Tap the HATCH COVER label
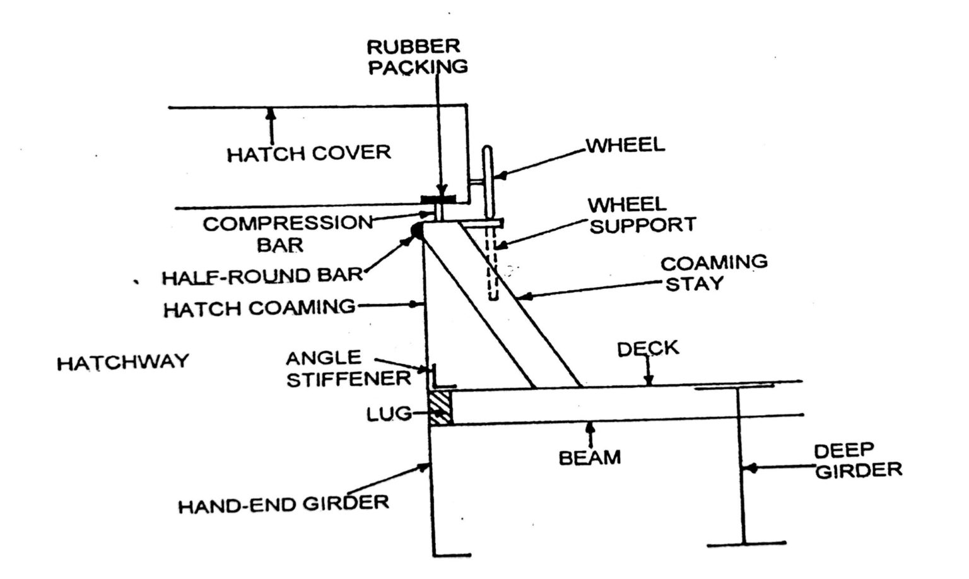pyautogui.click(x=308, y=153)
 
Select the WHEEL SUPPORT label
pyautogui.click(x=642, y=215)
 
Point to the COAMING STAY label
pyautogui.click(x=714, y=272)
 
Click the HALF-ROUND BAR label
pyautogui.click(x=262, y=276)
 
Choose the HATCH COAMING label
pyautogui.click(x=259, y=308)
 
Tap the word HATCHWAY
pyautogui.click(x=122, y=362)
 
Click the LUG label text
pyautogui.click(x=389, y=414)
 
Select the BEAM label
pyautogui.click(x=590, y=457)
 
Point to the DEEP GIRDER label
pyautogui.click(x=857, y=460)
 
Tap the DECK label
pyautogui.click(x=648, y=349)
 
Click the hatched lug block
pyautogui.click(x=440, y=407)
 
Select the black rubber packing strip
pyautogui.click(x=438, y=200)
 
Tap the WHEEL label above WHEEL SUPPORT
pyautogui.click(x=626, y=145)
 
